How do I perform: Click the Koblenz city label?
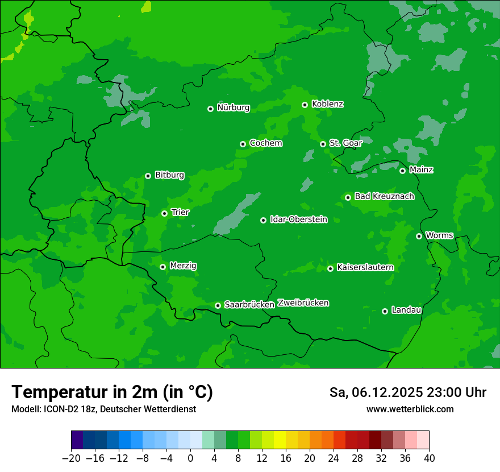coord(327,104)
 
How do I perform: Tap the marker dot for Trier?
coord(164,213)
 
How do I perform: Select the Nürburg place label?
coord(233,107)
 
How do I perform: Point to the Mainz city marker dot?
coord(402,171)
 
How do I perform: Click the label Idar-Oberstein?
coord(298,220)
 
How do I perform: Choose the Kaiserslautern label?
coord(365,267)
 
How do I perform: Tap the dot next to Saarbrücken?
coord(218,305)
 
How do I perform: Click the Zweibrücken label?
coord(303,303)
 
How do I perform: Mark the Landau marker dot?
coord(385,311)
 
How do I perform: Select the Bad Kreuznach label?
coord(384,196)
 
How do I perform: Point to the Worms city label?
coord(439,235)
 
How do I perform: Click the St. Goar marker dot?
coord(323,144)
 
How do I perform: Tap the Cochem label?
coord(265,143)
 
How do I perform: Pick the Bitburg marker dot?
coord(148,176)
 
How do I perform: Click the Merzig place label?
coord(183,266)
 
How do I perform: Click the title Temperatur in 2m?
coord(112,392)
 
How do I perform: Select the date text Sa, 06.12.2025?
coord(376,392)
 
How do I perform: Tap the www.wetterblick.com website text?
coord(410,409)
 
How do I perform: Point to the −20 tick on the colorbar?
coord(71,458)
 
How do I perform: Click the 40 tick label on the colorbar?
coord(429,458)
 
